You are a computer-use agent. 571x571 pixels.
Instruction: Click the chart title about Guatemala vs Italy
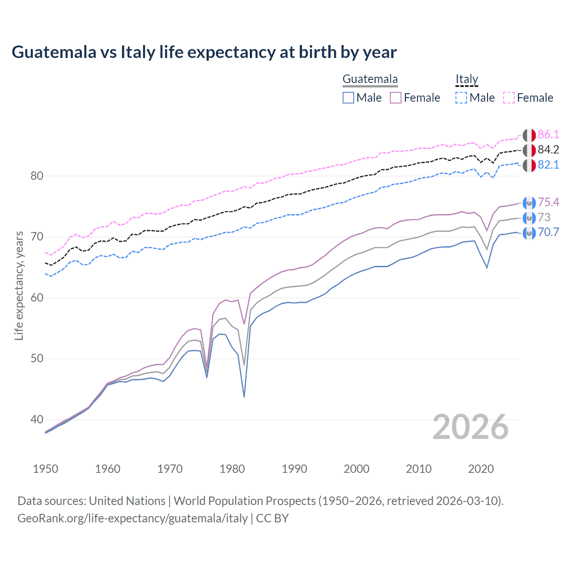tap(204, 52)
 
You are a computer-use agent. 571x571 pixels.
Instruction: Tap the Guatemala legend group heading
tap(370, 79)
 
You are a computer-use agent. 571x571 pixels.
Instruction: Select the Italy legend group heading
tap(467, 79)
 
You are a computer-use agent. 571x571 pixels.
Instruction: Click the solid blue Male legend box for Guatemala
tap(348, 98)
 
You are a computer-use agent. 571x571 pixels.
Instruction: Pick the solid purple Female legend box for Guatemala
tap(396, 98)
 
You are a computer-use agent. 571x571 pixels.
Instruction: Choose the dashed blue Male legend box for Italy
tap(461, 98)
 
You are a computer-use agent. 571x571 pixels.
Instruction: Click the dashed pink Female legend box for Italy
tap(509, 98)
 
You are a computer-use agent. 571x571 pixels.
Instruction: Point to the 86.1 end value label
tap(548, 135)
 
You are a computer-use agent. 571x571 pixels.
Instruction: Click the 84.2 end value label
tap(548, 150)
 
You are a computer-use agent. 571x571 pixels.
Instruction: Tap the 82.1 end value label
tap(548, 165)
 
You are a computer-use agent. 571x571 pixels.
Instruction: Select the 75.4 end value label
tap(548, 203)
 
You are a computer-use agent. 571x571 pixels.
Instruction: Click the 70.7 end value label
tap(548, 232)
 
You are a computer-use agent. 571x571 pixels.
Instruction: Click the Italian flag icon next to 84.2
tap(529, 150)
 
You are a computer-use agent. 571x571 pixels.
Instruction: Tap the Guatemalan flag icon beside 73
tap(529, 218)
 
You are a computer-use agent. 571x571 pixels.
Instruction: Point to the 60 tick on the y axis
tap(37, 298)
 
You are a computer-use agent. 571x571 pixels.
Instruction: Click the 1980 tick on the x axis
tap(232, 469)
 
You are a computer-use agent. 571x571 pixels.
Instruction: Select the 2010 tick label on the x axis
tap(418, 469)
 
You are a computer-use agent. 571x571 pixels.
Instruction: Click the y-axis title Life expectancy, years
tap(19, 285)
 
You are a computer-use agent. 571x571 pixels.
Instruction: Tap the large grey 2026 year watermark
tap(470, 427)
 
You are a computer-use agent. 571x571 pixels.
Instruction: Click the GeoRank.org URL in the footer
tap(132, 518)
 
